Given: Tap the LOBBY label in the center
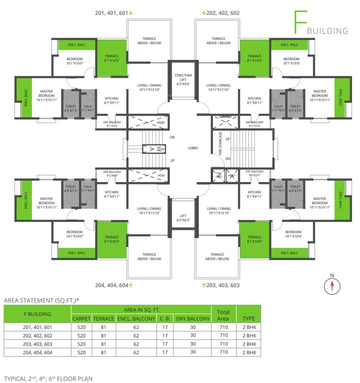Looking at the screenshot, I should [x=193, y=148].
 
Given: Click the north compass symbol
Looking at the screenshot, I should [x=332, y=286].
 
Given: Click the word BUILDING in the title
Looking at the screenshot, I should [x=328, y=31].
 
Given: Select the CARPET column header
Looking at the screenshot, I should [x=82, y=318].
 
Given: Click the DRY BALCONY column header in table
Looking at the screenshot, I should [x=191, y=318].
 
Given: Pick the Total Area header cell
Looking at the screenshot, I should [x=223, y=314].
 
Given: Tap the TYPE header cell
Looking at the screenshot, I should [x=249, y=318].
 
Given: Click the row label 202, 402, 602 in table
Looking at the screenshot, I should [x=37, y=336].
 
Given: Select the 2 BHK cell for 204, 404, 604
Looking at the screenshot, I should [x=249, y=352].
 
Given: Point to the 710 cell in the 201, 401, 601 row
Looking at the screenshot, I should [x=223, y=327].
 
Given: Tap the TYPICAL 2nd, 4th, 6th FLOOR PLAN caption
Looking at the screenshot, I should [x=48, y=379].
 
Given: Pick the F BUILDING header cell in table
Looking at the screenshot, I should [x=37, y=314].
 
